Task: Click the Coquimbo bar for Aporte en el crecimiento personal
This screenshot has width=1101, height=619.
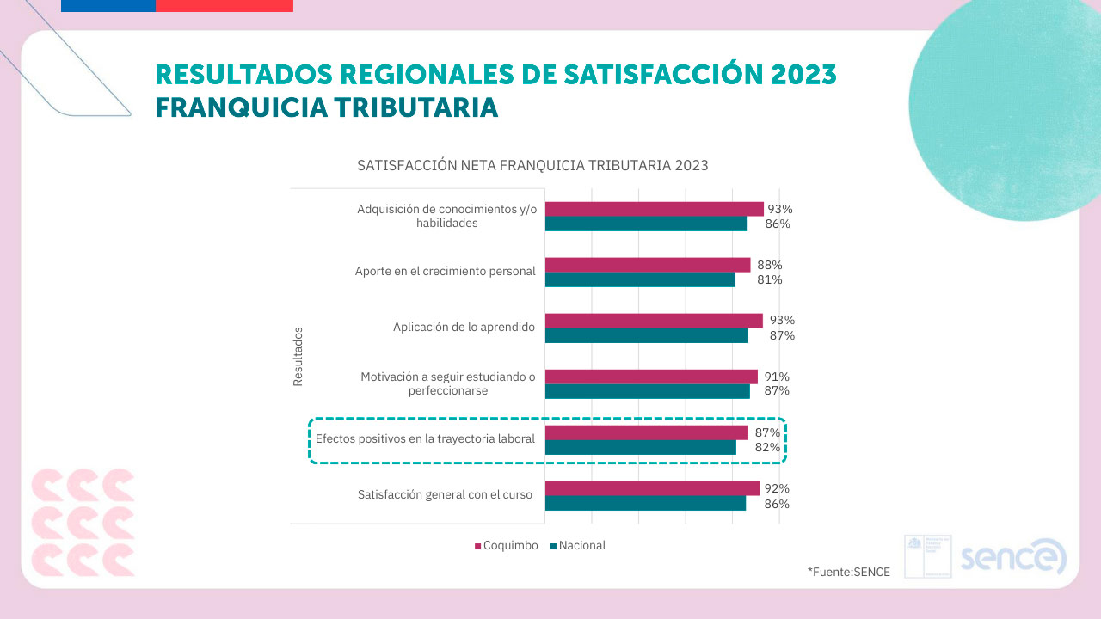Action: (648, 265)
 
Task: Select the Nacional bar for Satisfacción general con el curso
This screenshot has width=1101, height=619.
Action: (645, 503)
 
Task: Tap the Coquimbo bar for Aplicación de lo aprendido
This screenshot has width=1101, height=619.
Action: (654, 321)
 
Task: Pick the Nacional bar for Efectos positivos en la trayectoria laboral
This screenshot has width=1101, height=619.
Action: (641, 447)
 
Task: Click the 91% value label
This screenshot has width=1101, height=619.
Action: (777, 377)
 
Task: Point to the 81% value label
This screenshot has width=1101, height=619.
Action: (770, 279)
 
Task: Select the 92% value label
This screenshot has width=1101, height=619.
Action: (777, 488)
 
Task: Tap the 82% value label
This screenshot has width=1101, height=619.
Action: (768, 447)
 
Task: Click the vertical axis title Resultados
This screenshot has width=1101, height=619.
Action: (298, 355)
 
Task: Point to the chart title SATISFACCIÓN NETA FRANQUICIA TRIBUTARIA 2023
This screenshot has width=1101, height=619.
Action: (532, 165)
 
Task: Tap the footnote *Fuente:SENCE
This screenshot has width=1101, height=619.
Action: (849, 571)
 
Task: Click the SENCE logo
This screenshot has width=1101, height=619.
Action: (1013, 556)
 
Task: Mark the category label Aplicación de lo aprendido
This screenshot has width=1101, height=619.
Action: (464, 327)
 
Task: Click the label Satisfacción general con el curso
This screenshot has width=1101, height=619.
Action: (445, 494)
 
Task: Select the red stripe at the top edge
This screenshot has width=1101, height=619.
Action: (225, 5)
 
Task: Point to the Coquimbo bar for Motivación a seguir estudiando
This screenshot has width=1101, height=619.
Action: (651, 377)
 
